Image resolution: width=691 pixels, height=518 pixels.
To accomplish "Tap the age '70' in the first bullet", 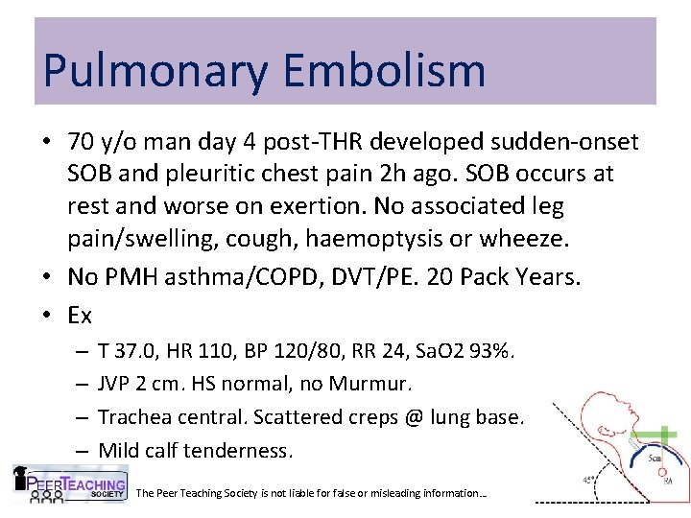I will (81, 143).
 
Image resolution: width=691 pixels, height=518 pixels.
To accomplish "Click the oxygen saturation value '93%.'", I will (492, 352).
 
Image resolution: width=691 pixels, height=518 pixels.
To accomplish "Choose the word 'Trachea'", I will (133, 417).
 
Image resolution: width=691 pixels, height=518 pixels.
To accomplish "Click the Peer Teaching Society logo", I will (70, 483).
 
